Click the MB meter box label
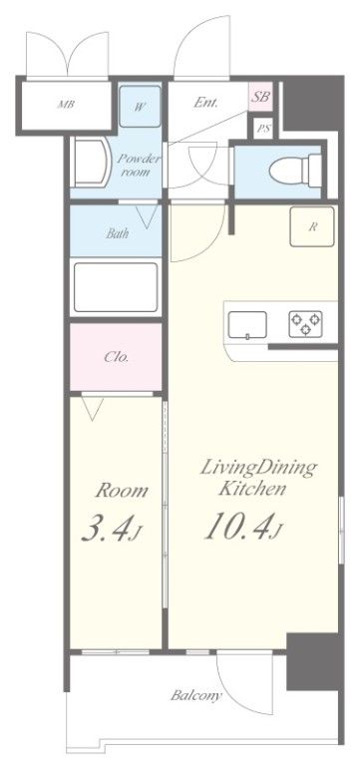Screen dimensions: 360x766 66,105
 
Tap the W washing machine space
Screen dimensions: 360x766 140,107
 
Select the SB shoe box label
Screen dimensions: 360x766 260,97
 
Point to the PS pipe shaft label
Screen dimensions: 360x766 264,129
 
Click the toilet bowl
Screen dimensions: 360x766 295,171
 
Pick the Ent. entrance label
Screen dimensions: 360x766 205,103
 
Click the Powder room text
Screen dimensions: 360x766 140,166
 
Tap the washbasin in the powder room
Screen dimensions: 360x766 92,163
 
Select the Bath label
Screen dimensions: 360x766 118,233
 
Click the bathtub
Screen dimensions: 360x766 116,287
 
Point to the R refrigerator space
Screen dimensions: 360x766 312,226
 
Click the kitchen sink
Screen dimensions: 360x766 247,325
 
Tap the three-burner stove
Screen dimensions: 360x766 305,324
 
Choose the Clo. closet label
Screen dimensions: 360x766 117,357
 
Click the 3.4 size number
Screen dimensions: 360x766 112,531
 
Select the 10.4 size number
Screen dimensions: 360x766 242,528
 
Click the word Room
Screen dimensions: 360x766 121,490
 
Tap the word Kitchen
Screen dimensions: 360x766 252,488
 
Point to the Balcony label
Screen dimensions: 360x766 196,695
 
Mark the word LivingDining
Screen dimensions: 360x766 259,469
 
